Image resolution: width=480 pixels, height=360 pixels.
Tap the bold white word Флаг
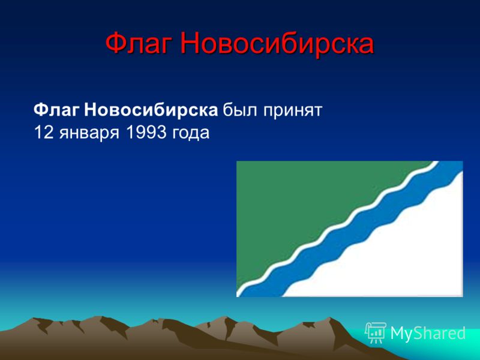coord(56,110)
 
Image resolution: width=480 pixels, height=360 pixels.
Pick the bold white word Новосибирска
coord(151,110)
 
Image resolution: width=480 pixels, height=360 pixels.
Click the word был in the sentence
coord(241,110)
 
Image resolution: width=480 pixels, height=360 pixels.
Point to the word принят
coord(293,112)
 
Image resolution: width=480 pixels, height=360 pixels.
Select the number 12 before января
coord(44,133)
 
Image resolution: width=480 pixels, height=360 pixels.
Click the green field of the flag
coord(306,208)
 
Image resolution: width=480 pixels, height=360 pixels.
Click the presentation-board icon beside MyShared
coord(376,332)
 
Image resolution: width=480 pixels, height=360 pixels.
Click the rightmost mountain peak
coord(330,319)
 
